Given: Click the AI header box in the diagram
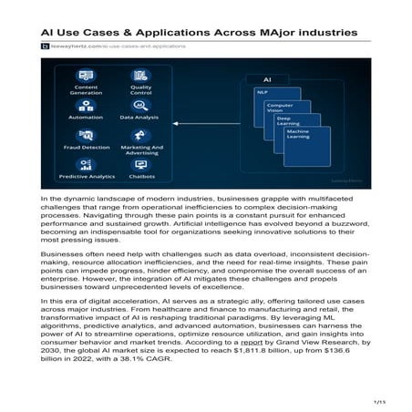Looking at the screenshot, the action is [x=268, y=79].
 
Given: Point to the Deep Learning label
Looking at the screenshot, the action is [x=289, y=122].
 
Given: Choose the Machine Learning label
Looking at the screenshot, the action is [x=298, y=137].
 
